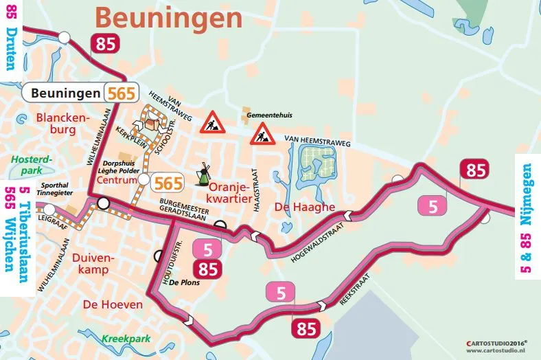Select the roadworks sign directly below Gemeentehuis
tap(262, 133)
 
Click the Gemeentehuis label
tap(266, 114)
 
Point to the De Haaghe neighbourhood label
tap(304, 207)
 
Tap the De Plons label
tap(184, 282)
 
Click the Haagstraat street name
tap(255, 182)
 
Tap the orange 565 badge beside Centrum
tap(168, 183)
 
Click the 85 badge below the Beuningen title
tap(106, 45)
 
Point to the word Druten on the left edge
tap(10, 55)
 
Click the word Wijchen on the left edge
tap(10, 246)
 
